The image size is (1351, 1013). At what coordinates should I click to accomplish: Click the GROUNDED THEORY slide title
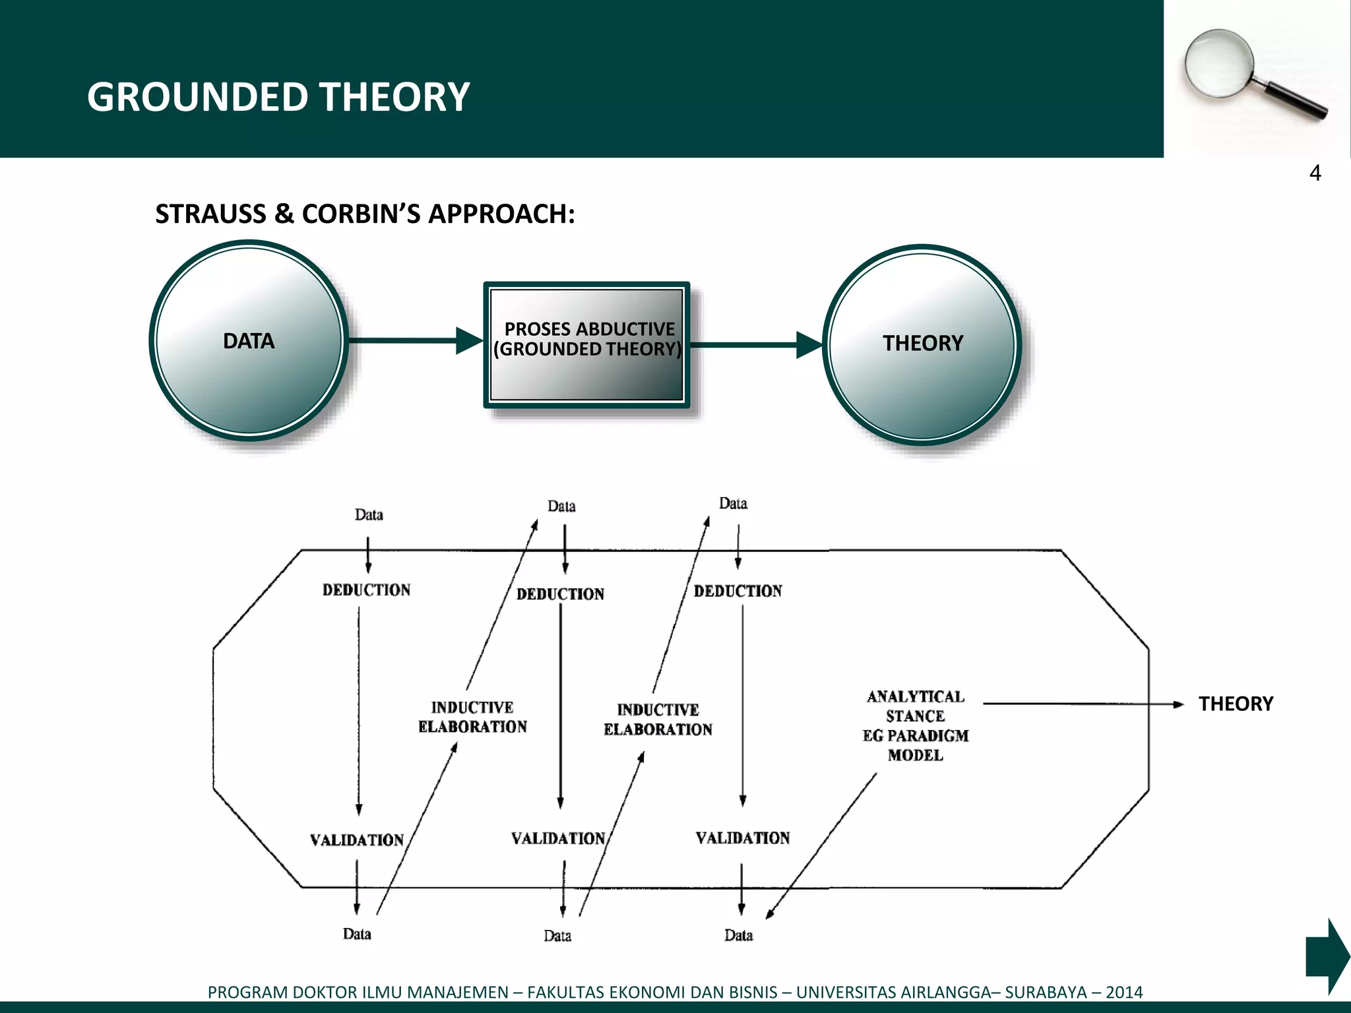pyautogui.click(x=278, y=97)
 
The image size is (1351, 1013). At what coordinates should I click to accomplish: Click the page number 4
pyautogui.click(x=1315, y=173)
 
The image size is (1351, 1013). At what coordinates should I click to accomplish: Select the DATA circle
pyautogui.click(x=249, y=341)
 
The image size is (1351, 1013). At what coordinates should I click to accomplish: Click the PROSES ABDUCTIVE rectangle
pyautogui.click(x=586, y=344)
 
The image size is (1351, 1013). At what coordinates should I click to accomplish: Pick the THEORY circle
pyautogui.click(x=922, y=344)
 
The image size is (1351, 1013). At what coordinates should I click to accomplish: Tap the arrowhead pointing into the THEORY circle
pyautogui.click(x=809, y=344)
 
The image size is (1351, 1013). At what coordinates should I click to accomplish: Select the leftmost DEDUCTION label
pyautogui.click(x=366, y=590)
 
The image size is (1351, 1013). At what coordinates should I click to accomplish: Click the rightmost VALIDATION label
pyautogui.click(x=742, y=838)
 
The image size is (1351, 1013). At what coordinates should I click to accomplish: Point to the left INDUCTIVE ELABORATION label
pyautogui.click(x=472, y=717)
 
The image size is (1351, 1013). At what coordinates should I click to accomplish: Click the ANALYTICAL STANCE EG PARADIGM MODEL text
pyautogui.click(x=915, y=725)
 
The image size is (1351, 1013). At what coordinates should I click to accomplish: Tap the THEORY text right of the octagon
pyautogui.click(x=1236, y=704)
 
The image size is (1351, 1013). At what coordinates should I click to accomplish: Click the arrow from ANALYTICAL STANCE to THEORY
pyautogui.click(x=1082, y=704)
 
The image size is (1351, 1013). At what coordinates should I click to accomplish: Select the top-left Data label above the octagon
pyautogui.click(x=369, y=514)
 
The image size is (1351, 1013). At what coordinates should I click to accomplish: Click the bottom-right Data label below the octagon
pyautogui.click(x=738, y=935)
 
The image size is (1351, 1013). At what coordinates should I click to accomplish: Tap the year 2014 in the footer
pyautogui.click(x=1124, y=992)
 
